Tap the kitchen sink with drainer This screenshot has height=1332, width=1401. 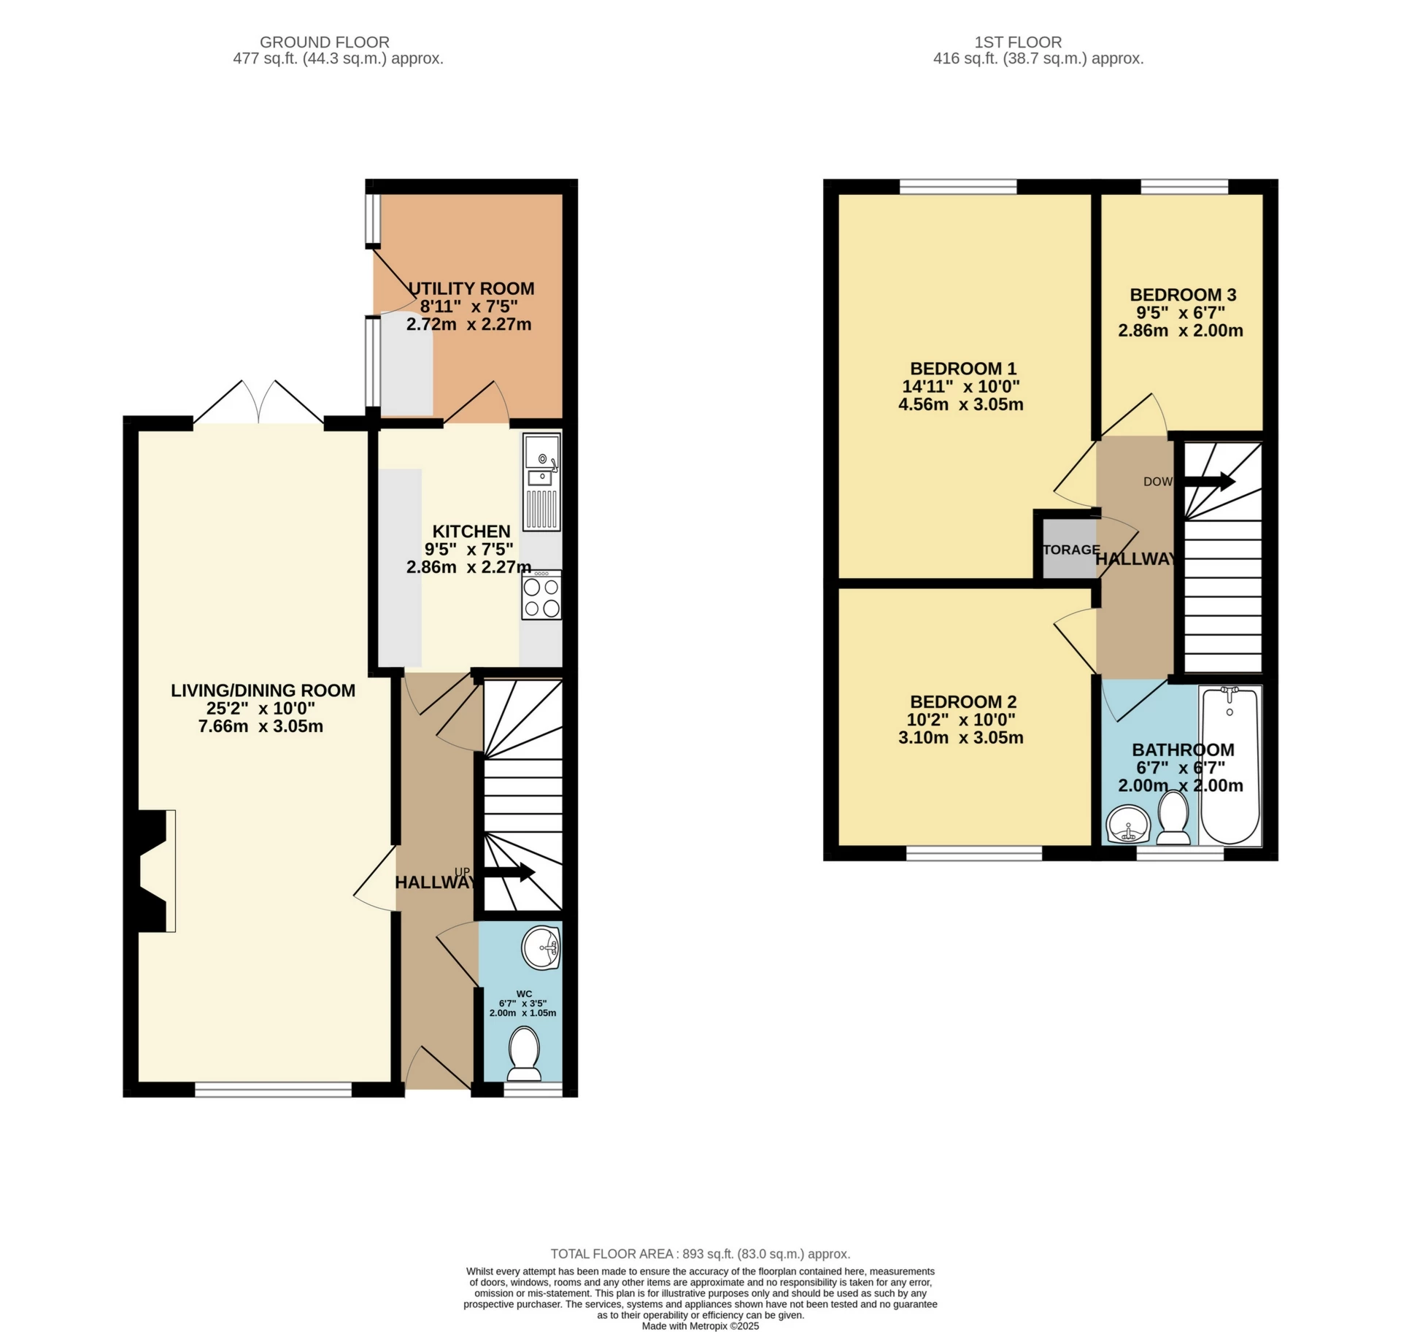click(x=541, y=482)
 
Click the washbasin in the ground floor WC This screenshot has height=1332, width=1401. click(x=541, y=948)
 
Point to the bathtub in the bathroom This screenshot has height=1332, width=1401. click(x=1230, y=764)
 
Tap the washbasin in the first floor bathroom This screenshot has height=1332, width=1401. click(x=1128, y=825)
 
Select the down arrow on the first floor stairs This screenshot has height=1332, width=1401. click(x=1208, y=482)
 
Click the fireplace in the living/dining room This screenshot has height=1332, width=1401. click(x=155, y=870)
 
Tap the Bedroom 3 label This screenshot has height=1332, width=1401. click(x=1183, y=295)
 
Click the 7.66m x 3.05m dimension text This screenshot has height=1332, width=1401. click(x=260, y=726)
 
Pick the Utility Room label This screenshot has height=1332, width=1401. click(x=471, y=288)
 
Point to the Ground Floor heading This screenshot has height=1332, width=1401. click(x=324, y=42)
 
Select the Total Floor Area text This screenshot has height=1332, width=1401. click(x=700, y=1254)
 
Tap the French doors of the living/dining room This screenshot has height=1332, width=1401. click(x=259, y=403)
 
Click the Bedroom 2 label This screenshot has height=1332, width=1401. click(x=962, y=701)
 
